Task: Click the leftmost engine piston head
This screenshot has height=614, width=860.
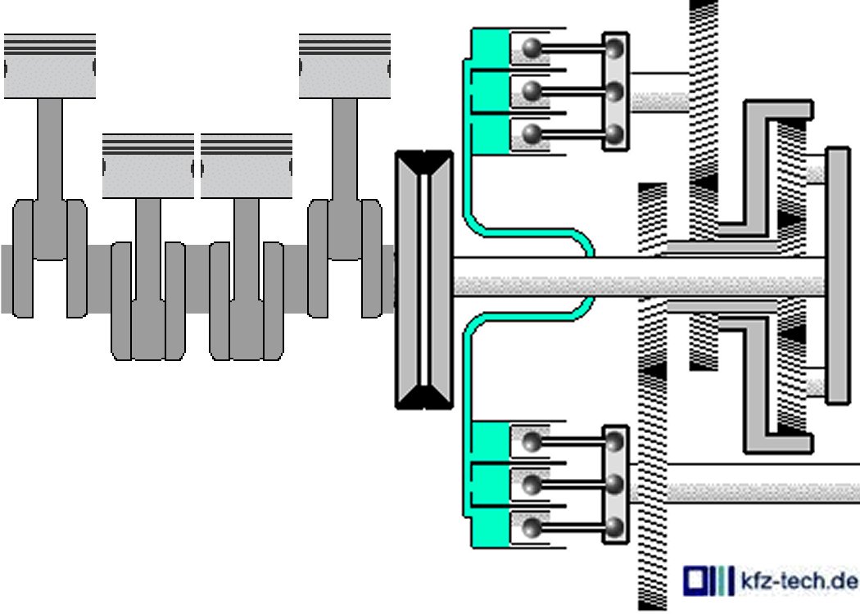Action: (x=50, y=66)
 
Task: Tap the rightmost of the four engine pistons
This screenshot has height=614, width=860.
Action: (x=345, y=66)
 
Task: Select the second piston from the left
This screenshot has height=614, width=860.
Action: (x=148, y=165)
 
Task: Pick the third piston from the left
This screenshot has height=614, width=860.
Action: (x=247, y=165)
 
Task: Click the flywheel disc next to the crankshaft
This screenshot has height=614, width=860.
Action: (x=424, y=280)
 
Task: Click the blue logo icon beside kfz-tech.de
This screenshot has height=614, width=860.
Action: (x=708, y=580)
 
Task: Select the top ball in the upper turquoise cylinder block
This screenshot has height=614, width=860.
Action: (x=532, y=48)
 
